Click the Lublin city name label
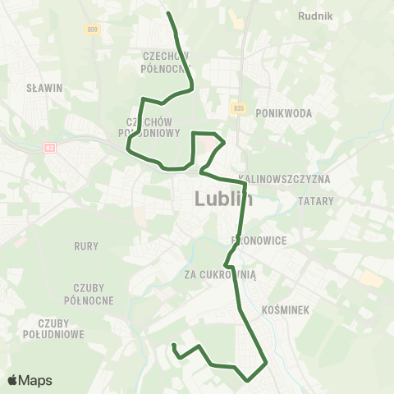(223, 199)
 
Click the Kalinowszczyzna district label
(283, 178)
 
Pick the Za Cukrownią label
(220, 276)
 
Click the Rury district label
(85, 245)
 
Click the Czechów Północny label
(165, 62)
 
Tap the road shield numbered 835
(238, 108)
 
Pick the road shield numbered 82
(50, 149)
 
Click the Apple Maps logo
(30, 380)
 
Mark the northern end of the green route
(168, 13)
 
